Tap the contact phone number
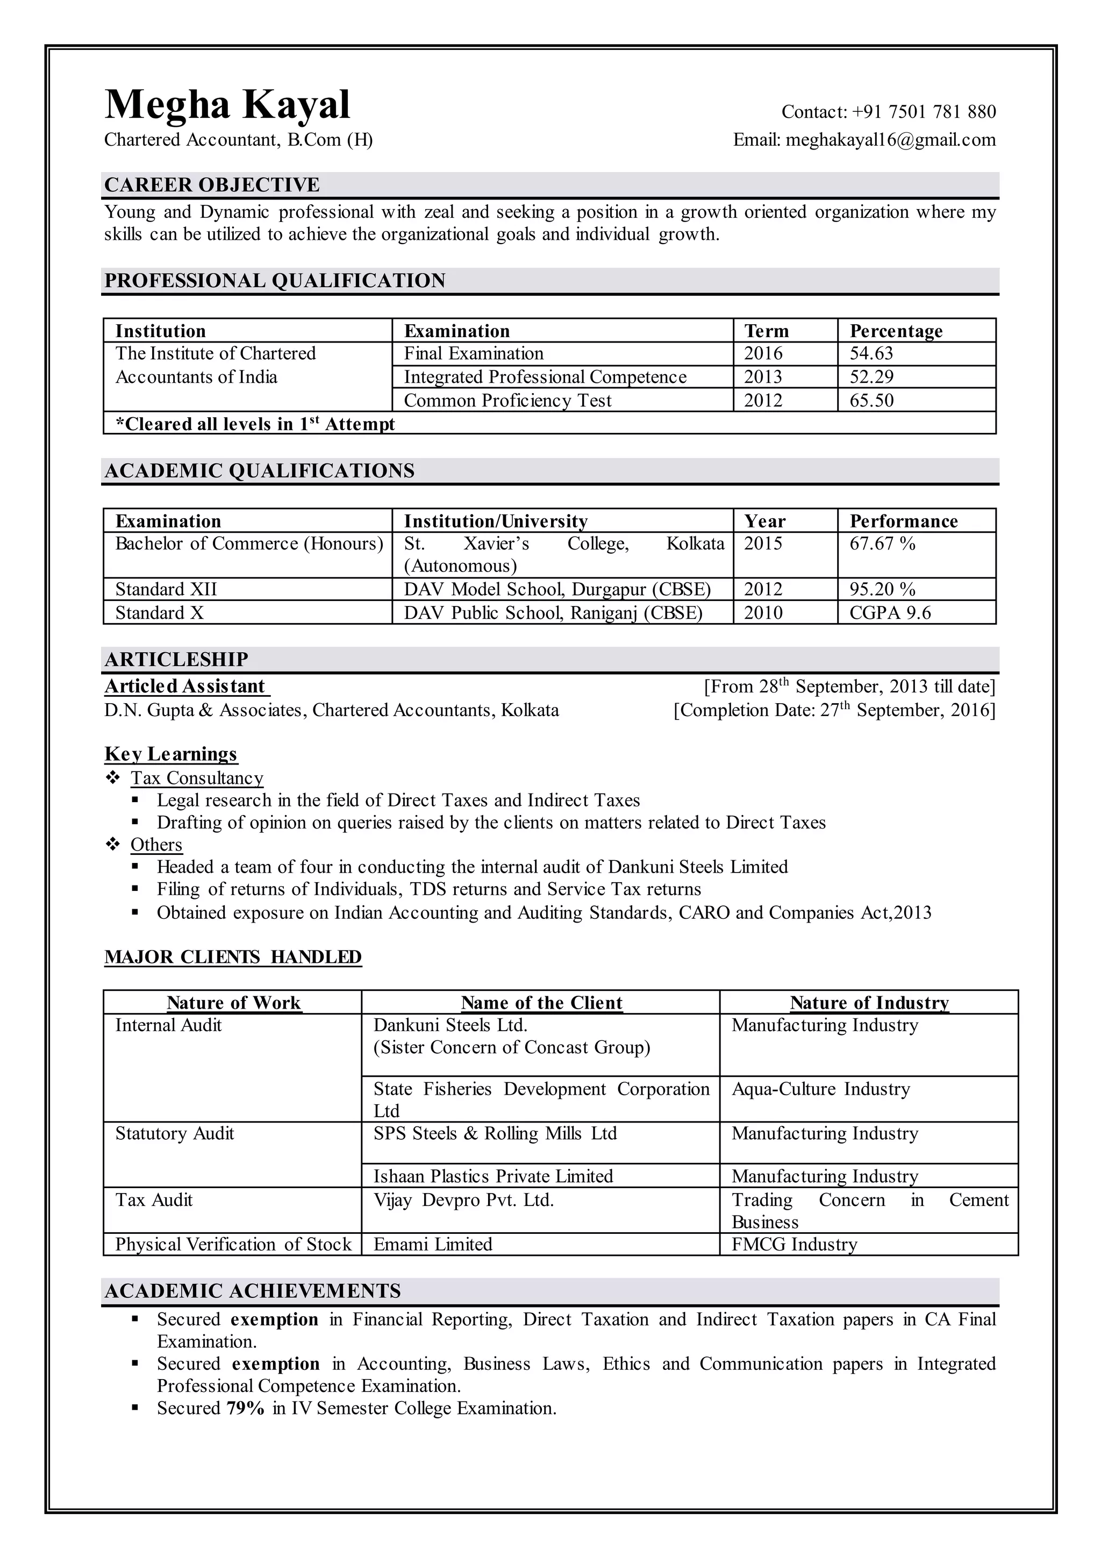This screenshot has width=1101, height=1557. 924,112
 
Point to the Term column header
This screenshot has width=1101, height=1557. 766,331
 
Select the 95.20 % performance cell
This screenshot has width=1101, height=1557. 882,589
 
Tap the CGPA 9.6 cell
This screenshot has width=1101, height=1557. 890,612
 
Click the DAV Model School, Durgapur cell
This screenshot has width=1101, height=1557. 556,589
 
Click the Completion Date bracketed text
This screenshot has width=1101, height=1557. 834,710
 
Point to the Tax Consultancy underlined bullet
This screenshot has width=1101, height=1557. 197,778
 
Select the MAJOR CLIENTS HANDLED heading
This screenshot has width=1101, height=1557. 233,957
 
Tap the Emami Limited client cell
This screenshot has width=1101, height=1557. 433,1245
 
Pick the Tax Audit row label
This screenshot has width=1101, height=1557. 154,1199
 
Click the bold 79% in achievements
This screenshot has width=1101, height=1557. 246,1409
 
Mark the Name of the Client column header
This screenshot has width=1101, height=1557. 541,1002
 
